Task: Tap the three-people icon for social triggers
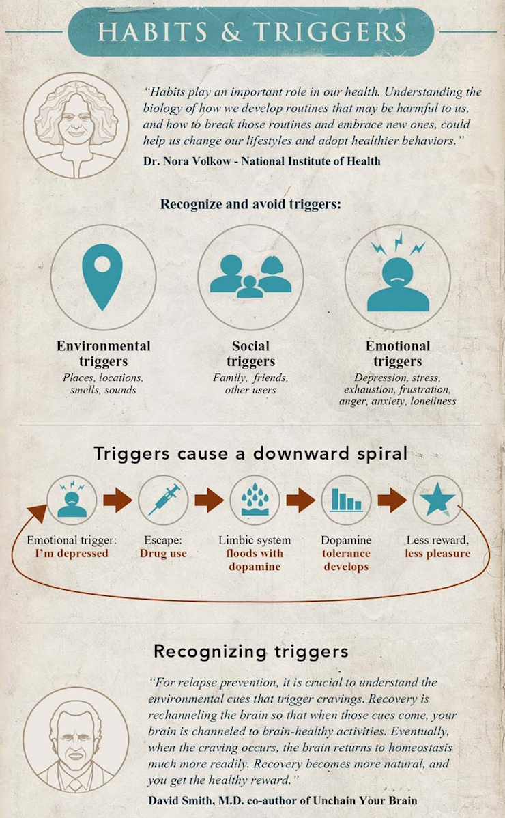click(x=250, y=276)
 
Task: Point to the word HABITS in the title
click(x=160, y=31)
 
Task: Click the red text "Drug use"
click(x=163, y=553)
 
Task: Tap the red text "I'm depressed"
click(x=72, y=553)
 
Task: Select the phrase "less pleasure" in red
click(x=437, y=553)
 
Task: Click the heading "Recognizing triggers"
click(x=250, y=651)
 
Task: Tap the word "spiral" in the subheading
click(x=373, y=454)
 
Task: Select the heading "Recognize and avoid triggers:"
click(x=250, y=204)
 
